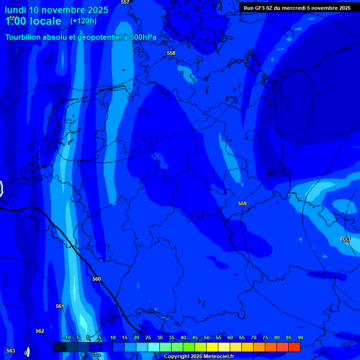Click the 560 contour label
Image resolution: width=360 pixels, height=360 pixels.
pos(97,279)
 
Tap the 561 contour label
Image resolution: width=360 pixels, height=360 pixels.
pos(60,306)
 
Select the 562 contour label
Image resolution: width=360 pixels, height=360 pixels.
pos(40,331)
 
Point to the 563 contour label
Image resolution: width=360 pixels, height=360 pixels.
pos(11,351)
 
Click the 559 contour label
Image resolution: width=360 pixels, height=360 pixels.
pos(242,203)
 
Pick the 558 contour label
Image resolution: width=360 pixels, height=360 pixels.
pos(171,53)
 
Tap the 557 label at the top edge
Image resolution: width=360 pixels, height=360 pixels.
pos(125,2)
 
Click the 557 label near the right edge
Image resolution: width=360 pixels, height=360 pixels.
pos(346,240)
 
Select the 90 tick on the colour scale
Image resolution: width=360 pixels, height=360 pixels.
pos(300,337)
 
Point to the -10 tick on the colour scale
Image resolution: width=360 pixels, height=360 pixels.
pos(67,337)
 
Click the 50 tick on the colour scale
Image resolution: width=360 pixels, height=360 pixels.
pos(207,337)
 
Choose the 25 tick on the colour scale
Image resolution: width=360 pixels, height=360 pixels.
pos(148,337)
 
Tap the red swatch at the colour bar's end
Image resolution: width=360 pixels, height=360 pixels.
pos(294,347)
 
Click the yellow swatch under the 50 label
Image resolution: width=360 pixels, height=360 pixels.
pos(212,347)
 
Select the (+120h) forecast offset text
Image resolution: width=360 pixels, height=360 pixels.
pos(83,21)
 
